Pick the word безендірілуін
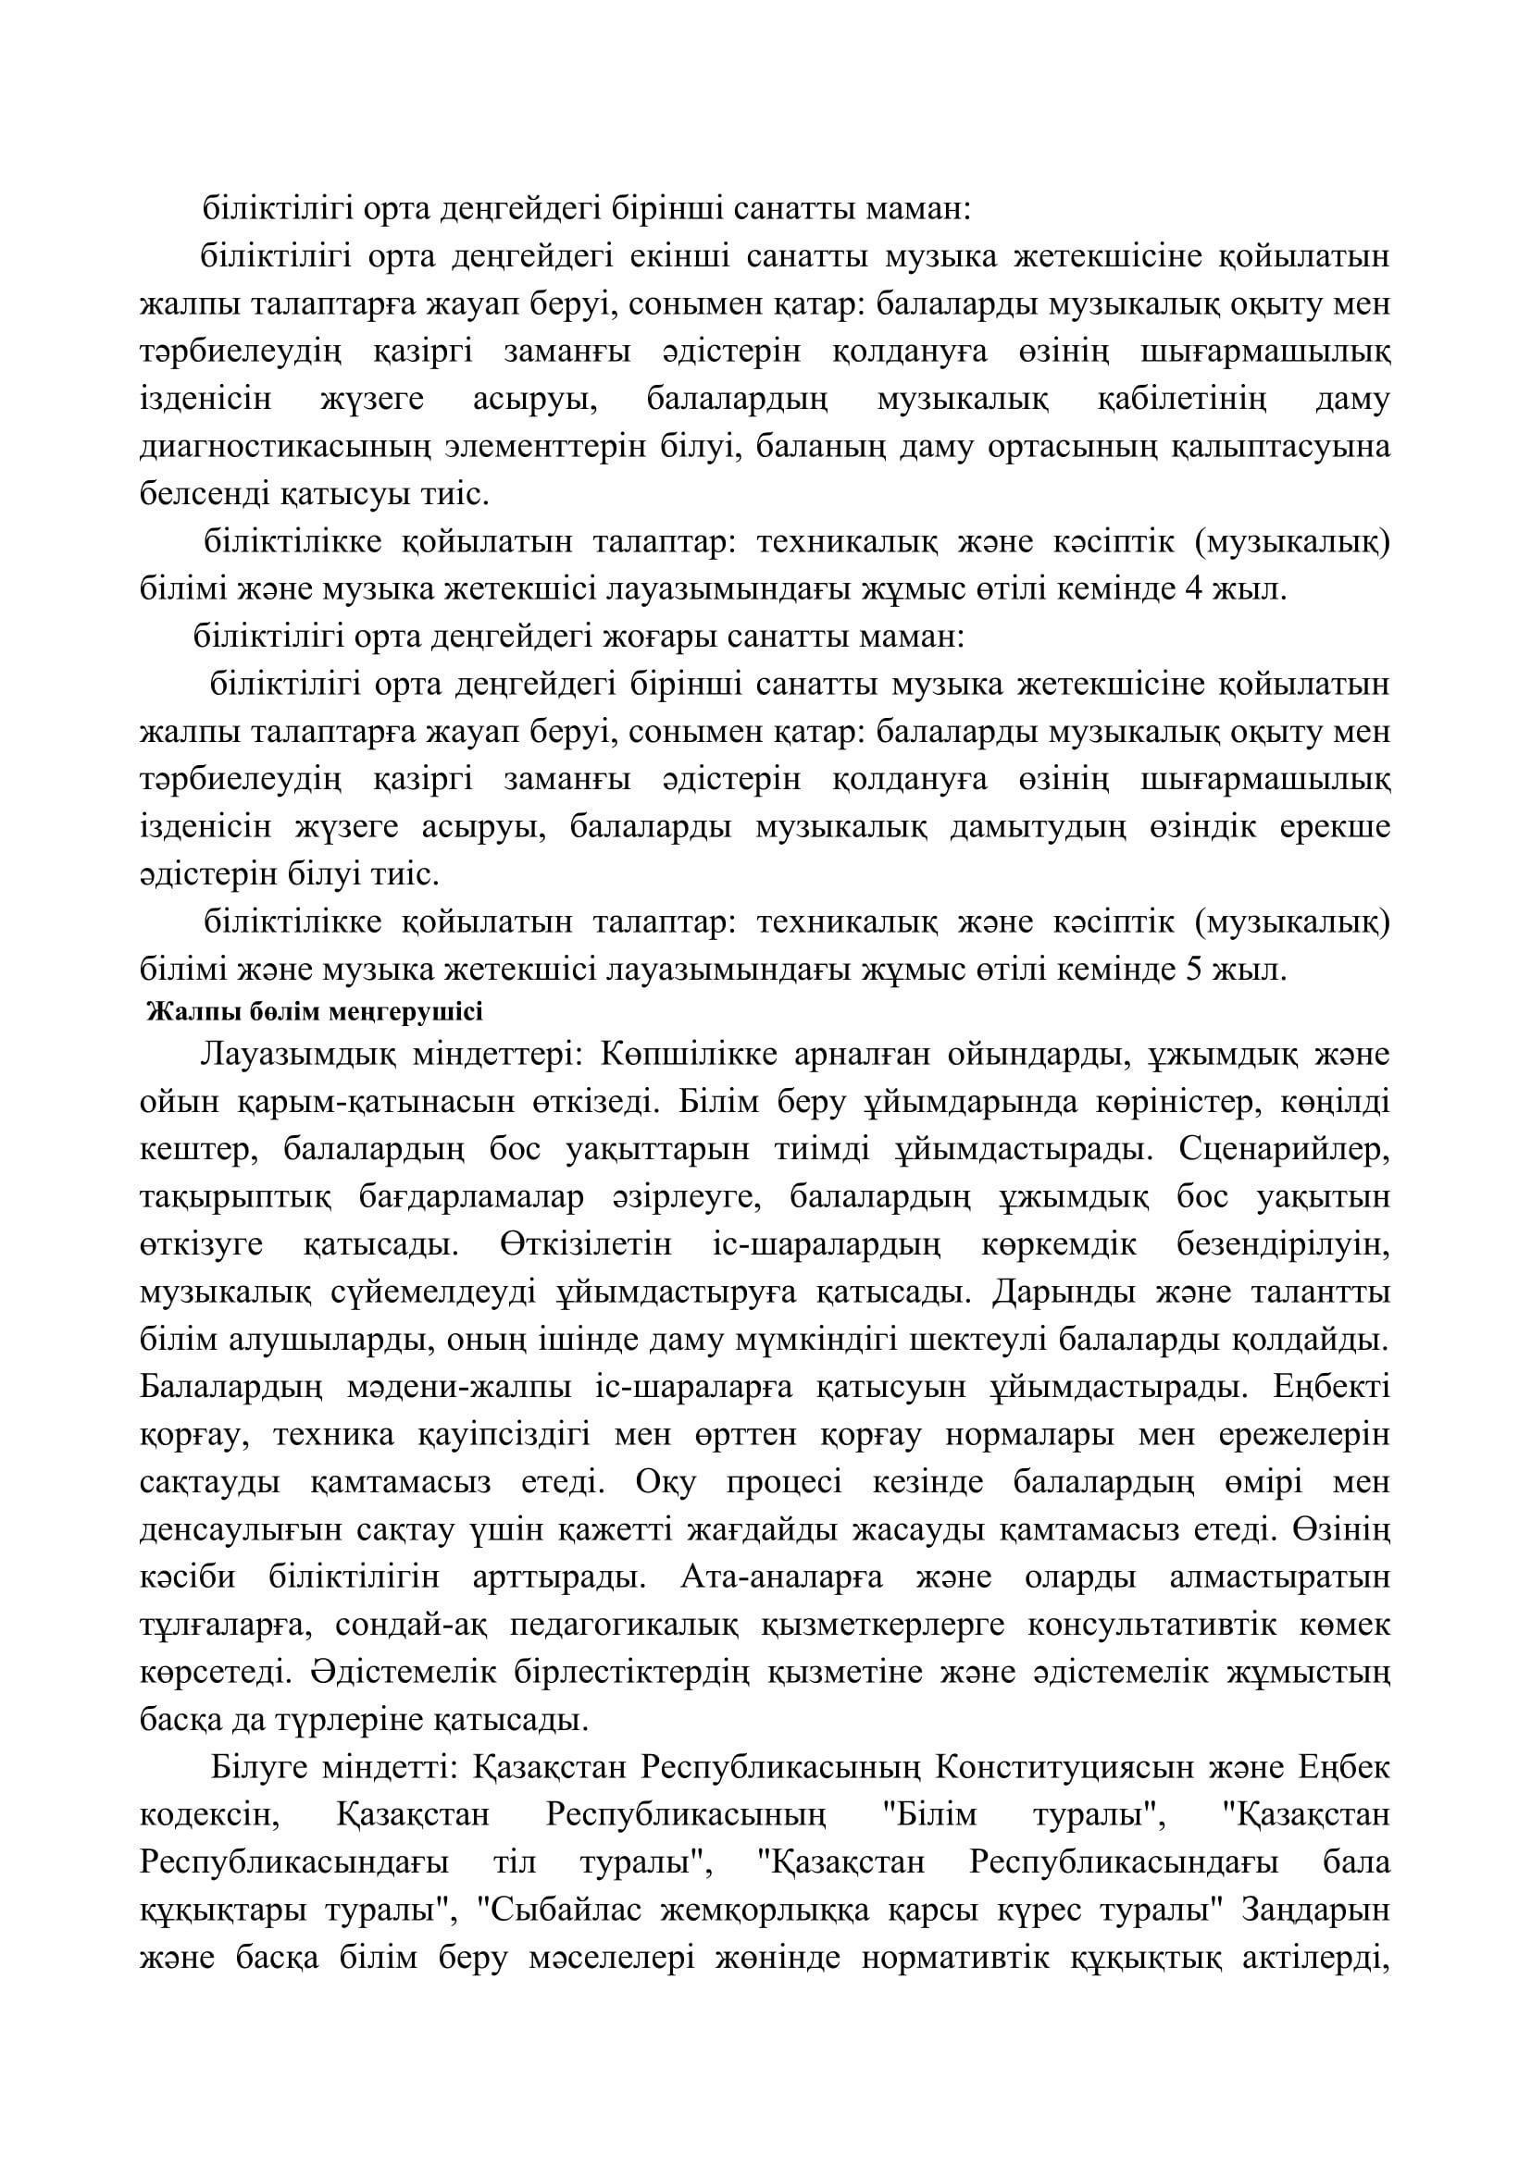pos(1283,1245)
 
